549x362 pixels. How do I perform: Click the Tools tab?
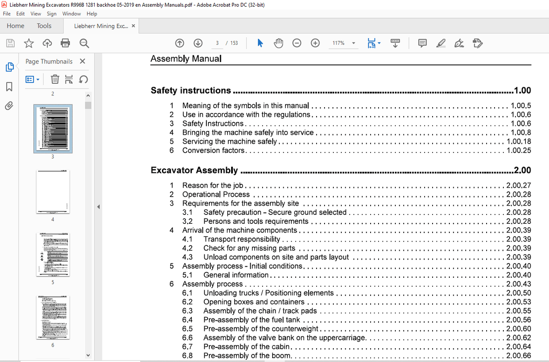point(44,26)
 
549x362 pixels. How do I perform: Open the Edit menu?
point(20,14)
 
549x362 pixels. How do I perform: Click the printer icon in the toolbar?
point(66,43)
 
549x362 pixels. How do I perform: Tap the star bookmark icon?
point(29,43)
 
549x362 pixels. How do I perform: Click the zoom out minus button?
point(297,43)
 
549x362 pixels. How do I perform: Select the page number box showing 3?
point(217,43)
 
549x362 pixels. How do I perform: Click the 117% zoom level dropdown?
point(344,43)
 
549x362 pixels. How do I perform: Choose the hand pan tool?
point(278,43)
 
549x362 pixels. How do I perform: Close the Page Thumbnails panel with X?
point(82,62)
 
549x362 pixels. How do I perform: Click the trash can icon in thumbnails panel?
point(55,79)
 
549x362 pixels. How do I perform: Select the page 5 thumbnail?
point(53,255)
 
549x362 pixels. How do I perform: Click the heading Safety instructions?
point(191,90)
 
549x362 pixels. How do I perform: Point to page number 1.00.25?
point(518,150)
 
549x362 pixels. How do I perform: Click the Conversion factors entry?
point(213,150)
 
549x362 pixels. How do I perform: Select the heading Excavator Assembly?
point(194,170)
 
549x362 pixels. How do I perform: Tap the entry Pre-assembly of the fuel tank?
point(251,319)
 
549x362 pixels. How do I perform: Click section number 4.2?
point(187,248)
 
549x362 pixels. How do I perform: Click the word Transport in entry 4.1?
point(219,239)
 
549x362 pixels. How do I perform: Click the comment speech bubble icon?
point(422,43)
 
